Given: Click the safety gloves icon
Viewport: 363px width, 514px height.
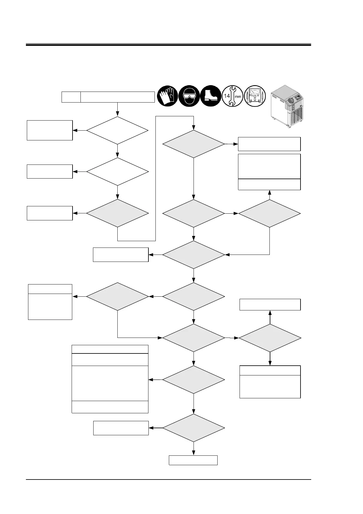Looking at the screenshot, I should (x=167, y=96).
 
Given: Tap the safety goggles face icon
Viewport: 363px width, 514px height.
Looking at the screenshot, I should (x=189, y=96).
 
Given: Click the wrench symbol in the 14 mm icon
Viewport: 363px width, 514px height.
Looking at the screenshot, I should (x=233, y=96).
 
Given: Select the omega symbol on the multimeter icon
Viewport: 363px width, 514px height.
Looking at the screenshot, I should (x=255, y=100).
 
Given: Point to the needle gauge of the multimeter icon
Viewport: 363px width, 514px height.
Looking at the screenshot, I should (x=255, y=91).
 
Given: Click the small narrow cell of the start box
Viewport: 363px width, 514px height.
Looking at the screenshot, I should (x=71, y=97).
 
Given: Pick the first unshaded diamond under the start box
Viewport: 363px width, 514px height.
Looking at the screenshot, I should (x=117, y=130).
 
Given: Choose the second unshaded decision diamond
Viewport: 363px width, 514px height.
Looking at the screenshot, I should (x=117, y=172).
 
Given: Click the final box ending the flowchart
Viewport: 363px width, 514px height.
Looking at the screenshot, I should (x=193, y=460).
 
